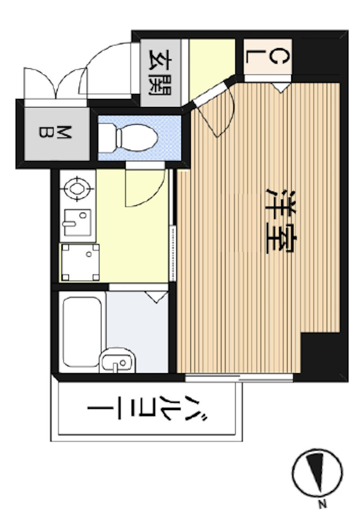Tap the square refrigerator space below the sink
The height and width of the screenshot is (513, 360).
click(x=80, y=262)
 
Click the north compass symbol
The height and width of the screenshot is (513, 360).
click(x=317, y=473)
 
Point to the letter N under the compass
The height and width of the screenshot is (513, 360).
click(x=322, y=504)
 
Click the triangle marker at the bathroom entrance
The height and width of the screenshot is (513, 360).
click(x=156, y=297)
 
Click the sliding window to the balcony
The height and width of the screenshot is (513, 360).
click(x=239, y=377)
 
